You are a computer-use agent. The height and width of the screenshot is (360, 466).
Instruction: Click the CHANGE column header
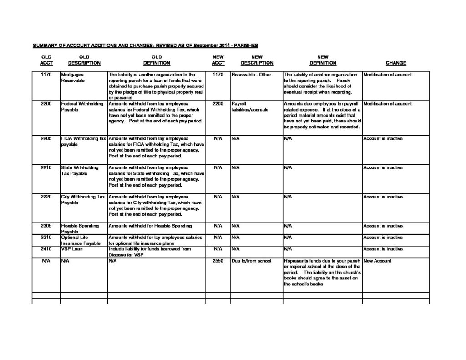pos(395,63)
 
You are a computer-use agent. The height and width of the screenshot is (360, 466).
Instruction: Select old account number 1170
pos(46,74)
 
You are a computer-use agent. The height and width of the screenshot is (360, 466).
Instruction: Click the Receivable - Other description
pos(251,74)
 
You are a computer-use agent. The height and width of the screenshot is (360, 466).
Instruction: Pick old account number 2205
pos(46,138)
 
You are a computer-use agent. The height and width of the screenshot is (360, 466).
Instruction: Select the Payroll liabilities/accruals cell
pos(250,106)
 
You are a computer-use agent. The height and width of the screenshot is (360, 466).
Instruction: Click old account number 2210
pos(46,167)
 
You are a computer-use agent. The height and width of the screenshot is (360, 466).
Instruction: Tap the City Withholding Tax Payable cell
pos(83,199)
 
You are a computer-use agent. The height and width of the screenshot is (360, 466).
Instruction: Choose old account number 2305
pos(46,226)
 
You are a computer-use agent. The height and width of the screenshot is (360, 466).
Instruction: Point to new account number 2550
pos(218,261)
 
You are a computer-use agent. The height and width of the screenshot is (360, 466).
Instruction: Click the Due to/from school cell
pos(251,261)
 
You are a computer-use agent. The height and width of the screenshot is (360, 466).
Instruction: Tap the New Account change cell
pos(377,261)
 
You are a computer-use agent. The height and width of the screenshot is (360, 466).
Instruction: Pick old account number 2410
pos(46,249)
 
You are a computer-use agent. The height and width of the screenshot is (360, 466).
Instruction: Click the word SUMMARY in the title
pos(45,46)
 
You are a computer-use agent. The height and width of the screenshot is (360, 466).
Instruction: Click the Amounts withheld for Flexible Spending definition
pos(150,226)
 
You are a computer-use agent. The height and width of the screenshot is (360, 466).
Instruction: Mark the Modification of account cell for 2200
pos(387,104)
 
